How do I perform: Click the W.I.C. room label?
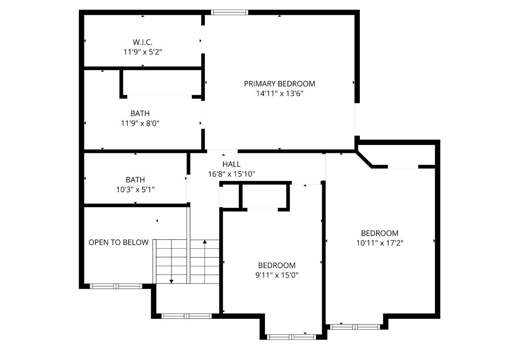tap(143, 42)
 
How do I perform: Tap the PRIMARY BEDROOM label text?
tap(280, 84)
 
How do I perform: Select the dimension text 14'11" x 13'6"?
tap(280, 93)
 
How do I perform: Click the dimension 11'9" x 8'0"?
tap(140, 123)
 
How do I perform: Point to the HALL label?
tap(231, 164)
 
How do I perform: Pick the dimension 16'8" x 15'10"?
tap(231, 174)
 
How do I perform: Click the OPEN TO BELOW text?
tap(118, 242)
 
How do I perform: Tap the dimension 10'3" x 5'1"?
tap(135, 190)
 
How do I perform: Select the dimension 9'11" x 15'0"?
tap(277, 275)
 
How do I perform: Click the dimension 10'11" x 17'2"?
tap(380, 243)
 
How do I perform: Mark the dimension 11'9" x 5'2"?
tap(143, 52)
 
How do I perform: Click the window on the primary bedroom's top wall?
tap(229, 12)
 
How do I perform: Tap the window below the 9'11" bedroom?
tap(291, 337)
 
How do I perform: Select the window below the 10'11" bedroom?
tap(355, 327)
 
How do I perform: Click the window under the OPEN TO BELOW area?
tap(116, 286)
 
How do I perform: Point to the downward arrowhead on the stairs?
tap(171, 281)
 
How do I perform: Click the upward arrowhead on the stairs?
tap(204, 242)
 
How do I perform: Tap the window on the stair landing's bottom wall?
tap(186, 316)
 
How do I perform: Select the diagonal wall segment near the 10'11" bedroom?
tap(364, 159)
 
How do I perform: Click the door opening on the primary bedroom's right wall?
tap(357, 119)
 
